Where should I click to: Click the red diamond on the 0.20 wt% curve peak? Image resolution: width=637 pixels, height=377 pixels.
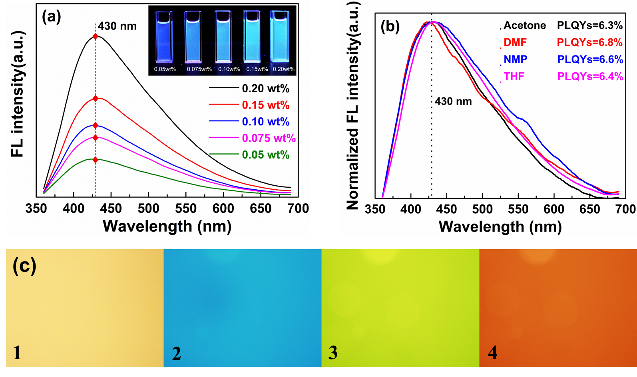(95, 36)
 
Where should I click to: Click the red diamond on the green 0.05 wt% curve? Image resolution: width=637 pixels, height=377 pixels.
(95, 160)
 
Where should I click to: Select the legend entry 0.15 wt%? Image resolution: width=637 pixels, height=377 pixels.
(265, 105)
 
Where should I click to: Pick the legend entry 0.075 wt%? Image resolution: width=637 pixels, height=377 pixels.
(269, 138)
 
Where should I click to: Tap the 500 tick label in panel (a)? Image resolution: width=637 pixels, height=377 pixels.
(148, 208)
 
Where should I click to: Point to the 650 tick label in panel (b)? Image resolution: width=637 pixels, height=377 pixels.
(589, 209)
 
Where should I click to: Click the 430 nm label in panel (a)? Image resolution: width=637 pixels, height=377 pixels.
(117, 26)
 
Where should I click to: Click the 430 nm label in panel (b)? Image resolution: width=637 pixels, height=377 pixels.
(453, 101)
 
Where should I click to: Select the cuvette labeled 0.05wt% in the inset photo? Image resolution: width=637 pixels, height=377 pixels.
(165, 38)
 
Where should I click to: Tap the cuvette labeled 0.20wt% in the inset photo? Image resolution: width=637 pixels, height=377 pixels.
(280, 38)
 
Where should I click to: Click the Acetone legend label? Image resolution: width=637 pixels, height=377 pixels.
(524, 26)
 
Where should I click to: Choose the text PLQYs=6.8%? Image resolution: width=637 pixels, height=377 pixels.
(590, 42)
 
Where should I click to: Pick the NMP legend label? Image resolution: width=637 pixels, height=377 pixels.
(515, 60)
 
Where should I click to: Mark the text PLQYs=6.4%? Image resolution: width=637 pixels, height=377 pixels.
(590, 76)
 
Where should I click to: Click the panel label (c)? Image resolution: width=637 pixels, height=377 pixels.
(24, 265)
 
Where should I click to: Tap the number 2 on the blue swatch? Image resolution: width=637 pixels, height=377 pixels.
(176, 353)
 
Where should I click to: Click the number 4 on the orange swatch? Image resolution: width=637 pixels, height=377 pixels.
(492, 353)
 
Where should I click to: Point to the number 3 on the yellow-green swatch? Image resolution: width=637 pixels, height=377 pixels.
(333, 353)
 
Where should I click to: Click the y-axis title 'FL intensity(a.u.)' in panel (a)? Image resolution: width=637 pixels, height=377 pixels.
(17, 94)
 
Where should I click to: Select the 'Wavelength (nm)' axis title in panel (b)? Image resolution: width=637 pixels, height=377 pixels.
(500, 226)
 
